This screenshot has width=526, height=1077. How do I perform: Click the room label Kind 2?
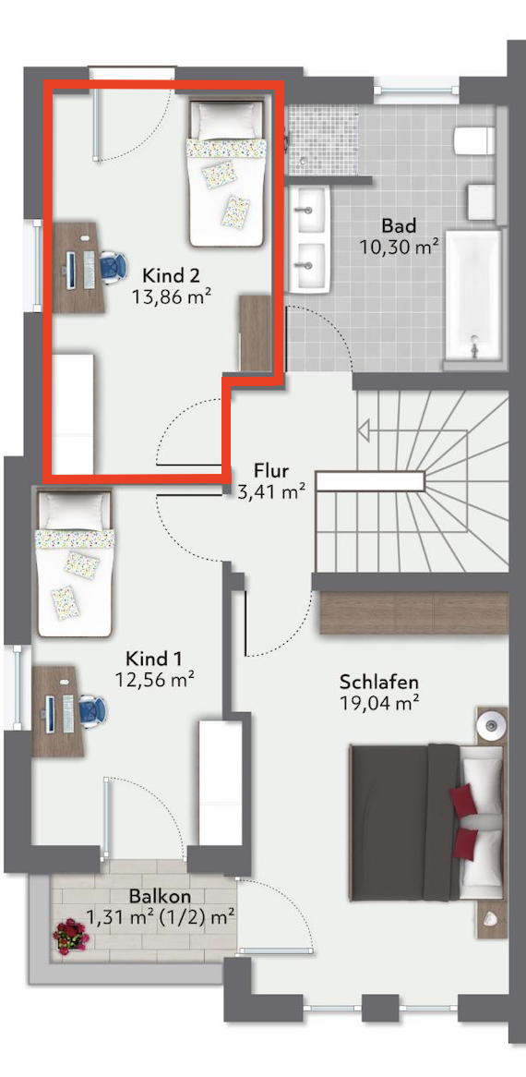tap(171, 276)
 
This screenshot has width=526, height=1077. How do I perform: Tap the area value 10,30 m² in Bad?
tap(400, 247)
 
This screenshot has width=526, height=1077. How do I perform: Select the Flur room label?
tap(271, 470)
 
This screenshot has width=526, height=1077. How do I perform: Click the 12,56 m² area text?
tap(155, 680)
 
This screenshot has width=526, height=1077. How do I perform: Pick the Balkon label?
tap(160, 896)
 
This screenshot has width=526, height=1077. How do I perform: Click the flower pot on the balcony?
tap(71, 937)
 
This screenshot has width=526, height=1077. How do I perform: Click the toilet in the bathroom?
tap(474, 140)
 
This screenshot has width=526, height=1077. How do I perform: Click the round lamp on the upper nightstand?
tap(492, 724)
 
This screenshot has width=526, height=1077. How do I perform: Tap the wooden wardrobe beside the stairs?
tap(413, 612)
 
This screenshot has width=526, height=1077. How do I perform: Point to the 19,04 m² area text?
tap(379, 703)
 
